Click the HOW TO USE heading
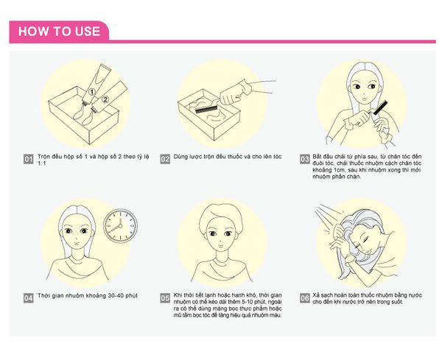click(x=59, y=31)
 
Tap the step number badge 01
click(x=29, y=159)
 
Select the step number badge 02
click(x=165, y=159)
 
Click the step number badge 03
click(x=304, y=159)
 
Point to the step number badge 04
click(x=29, y=298)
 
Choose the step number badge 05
click(x=165, y=298)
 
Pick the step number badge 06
click(x=304, y=298)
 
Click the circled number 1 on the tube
click(x=91, y=91)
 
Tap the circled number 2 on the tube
click(x=105, y=99)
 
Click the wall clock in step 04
click(x=120, y=226)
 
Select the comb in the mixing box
click(x=206, y=108)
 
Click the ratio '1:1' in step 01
click(x=42, y=163)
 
